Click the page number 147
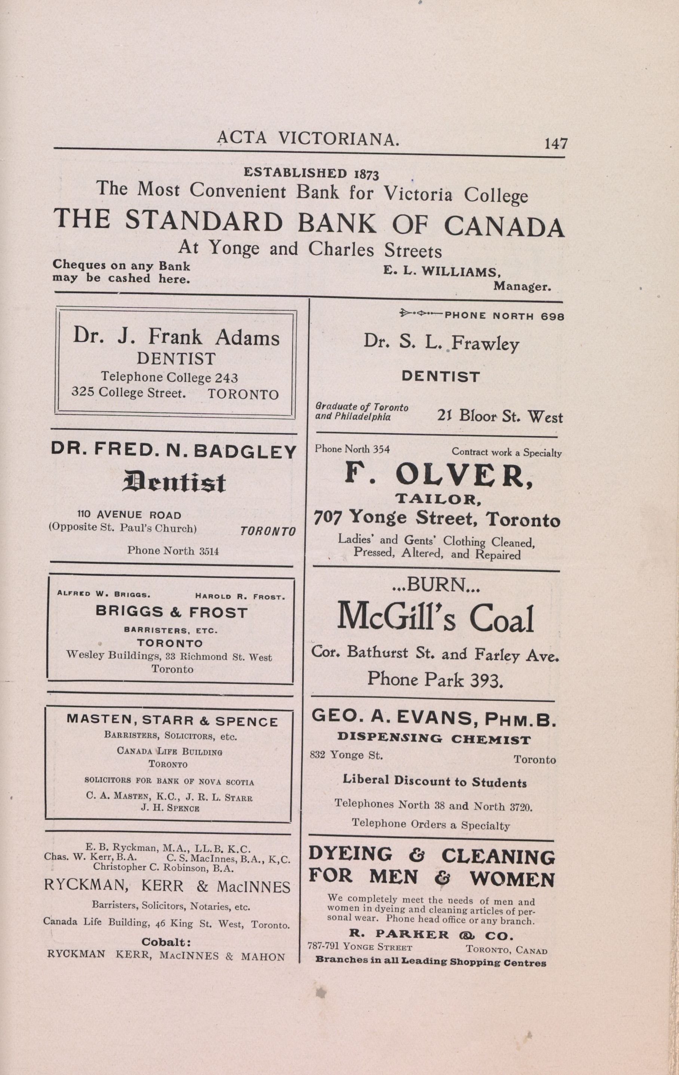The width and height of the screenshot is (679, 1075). pyautogui.click(x=555, y=144)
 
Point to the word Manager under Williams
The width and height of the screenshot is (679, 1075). pyautogui.click(x=522, y=287)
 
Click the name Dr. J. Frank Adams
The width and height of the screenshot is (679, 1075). pyautogui.click(x=176, y=337)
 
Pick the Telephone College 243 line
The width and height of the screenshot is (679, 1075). pyautogui.click(x=169, y=378)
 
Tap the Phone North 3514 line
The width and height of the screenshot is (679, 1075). pyautogui.click(x=173, y=551)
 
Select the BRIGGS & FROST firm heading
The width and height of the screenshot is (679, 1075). pyautogui.click(x=171, y=613)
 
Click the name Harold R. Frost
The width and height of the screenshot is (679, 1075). pyautogui.click(x=240, y=597)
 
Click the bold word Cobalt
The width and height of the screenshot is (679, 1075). pyautogui.click(x=166, y=943)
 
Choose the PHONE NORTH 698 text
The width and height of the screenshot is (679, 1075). pyautogui.click(x=504, y=316)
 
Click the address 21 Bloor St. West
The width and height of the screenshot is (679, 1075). pyautogui.click(x=499, y=417)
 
